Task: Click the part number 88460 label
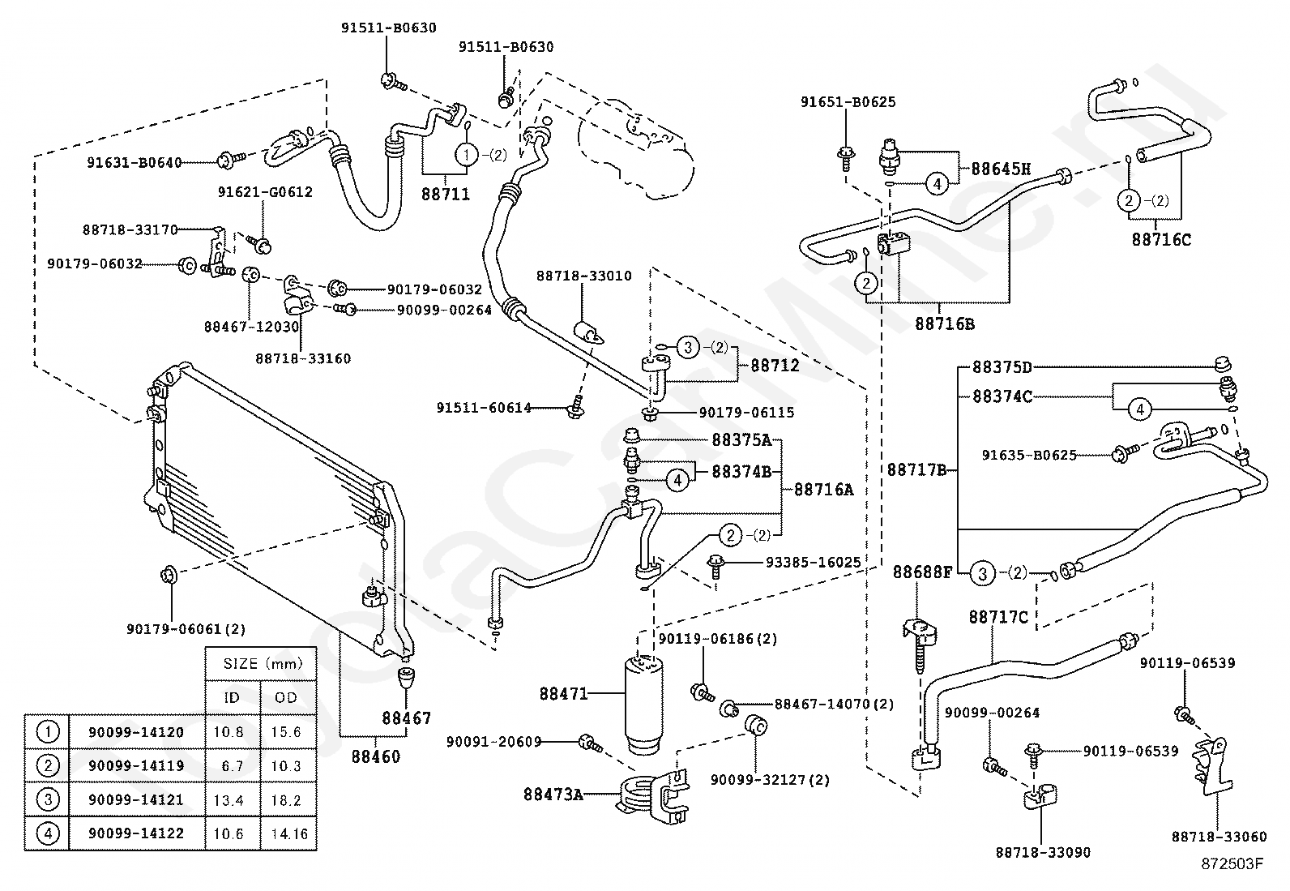(x=375, y=756)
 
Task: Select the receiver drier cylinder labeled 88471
(x=644, y=705)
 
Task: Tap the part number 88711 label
(x=445, y=195)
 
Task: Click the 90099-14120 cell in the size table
(x=136, y=732)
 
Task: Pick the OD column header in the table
(x=286, y=697)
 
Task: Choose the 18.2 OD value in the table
(x=286, y=800)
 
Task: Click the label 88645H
(x=1001, y=169)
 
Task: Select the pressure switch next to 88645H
(x=890, y=155)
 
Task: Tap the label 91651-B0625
(x=848, y=102)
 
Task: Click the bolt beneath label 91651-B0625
(x=845, y=158)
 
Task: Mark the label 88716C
(x=1161, y=240)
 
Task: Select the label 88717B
(x=916, y=470)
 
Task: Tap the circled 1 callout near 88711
(x=466, y=155)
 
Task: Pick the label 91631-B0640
(x=135, y=162)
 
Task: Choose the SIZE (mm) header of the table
(x=263, y=664)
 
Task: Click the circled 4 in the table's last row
(x=48, y=833)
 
